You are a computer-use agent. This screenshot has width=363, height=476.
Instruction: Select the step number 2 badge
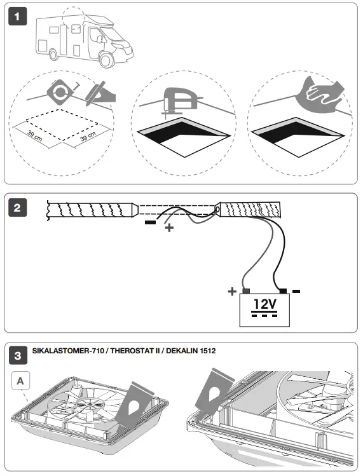tap(18, 208)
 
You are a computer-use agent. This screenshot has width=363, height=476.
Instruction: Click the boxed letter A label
tap(21, 381)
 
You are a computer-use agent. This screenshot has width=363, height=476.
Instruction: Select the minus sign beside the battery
tap(296, 291)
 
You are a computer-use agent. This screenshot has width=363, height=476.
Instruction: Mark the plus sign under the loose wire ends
tap(168, 227)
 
